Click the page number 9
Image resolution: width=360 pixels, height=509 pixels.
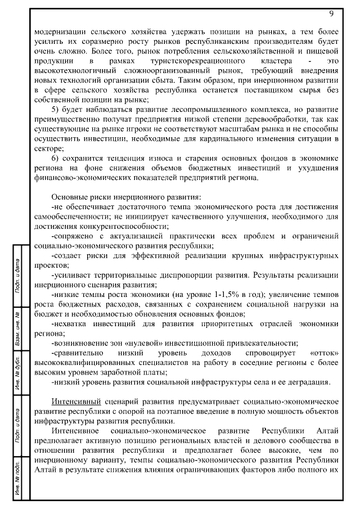331,12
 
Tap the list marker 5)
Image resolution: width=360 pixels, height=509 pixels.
56,109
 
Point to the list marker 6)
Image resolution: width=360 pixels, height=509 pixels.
56,158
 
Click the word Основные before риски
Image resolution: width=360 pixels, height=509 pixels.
70,197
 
